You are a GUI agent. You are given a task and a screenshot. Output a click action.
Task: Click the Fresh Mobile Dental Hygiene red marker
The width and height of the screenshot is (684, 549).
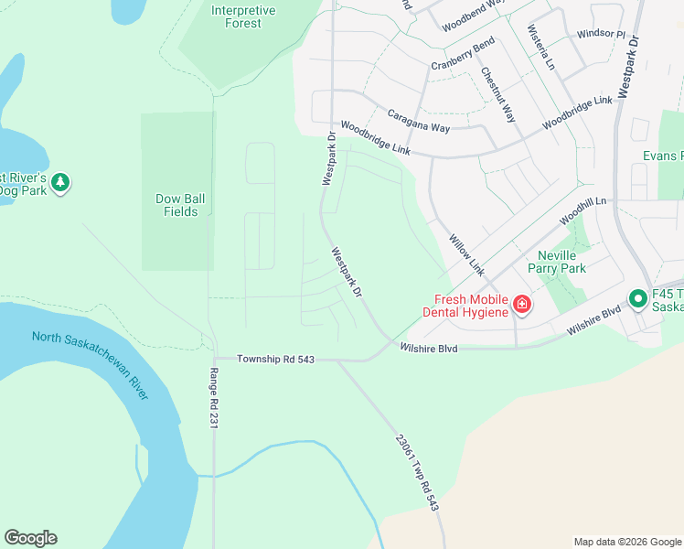click(x=521, y=304)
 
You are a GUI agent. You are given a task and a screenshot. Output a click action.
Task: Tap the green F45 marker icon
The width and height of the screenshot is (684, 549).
click(x=637, y=298)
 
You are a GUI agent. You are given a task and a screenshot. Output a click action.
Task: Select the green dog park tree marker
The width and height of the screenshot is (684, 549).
click(x=60, y=182)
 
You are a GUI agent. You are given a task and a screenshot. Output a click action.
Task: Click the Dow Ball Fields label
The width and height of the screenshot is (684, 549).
click(x=176, y=205)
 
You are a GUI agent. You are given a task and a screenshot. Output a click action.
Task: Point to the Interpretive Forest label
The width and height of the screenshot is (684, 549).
click(x=242, y=16)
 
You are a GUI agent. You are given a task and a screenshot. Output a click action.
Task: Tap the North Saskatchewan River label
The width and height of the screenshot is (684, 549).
click(x=90, y=364)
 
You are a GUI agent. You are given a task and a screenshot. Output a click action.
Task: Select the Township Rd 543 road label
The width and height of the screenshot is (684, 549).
click(x=275, y=360)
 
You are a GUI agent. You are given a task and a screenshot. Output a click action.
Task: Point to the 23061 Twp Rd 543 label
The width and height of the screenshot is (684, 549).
click(x=418, y=471)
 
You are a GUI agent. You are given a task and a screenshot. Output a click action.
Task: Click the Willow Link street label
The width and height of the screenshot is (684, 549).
click(x=466, y=255)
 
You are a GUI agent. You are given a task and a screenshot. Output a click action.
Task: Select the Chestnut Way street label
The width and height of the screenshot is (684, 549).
click(x=498, y=96)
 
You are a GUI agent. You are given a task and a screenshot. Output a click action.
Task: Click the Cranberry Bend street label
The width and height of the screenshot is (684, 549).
click(x=463, y=54)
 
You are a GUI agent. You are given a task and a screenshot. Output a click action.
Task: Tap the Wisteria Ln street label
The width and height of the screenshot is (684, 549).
click(x=541, y=48)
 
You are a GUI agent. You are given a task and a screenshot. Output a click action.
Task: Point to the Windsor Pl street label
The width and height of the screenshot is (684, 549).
click(x=601, y=35)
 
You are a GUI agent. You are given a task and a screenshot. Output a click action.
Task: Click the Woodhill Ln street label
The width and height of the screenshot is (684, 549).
click(x=583, y=212)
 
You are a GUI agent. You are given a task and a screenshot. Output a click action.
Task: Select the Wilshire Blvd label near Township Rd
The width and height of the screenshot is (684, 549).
click(x=428, y=349)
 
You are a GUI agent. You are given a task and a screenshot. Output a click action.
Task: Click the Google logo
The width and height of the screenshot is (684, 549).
click(x=30, y=538)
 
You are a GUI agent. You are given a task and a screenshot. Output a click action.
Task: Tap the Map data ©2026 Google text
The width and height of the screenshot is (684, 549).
click(x=626, y=542)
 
